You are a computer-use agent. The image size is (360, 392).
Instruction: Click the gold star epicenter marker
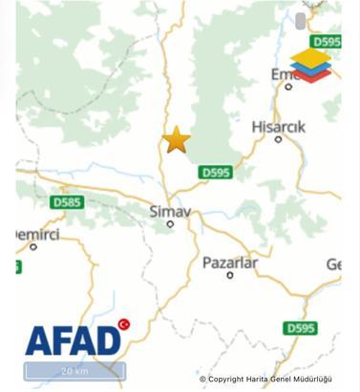click(x=176, y=140)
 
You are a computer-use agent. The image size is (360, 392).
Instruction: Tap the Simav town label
click(x=169, y=210)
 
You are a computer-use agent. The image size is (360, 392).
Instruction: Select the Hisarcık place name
click(x=278, y=126)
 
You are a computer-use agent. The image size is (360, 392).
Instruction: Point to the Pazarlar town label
click(x=229, y=261)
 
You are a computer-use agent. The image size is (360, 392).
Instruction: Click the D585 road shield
click(x=67, y=202)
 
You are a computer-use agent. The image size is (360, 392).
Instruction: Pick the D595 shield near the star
click(x=216, y=172)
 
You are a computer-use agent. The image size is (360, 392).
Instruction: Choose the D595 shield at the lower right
click(x=300, y=327)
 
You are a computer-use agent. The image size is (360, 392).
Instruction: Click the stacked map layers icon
click(x=310, y=65)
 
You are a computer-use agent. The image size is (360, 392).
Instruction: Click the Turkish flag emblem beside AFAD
click(x=123, y=324)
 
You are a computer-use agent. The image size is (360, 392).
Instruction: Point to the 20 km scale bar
click(x=74, y=371)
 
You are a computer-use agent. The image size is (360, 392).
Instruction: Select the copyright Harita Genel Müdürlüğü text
click(x=265, y=379)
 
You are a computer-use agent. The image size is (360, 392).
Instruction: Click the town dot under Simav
click(x=170, y=224)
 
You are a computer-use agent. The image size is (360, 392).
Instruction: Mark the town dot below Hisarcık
click(x=278, y=139)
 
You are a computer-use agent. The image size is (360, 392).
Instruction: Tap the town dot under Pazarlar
click(x=229, y=275)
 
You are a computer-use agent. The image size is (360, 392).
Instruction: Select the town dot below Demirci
click(x=32, y=246)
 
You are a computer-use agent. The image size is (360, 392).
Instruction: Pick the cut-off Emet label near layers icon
click(x=281, y=73)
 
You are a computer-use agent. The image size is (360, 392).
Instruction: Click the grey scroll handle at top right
click(x=301, y=21)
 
